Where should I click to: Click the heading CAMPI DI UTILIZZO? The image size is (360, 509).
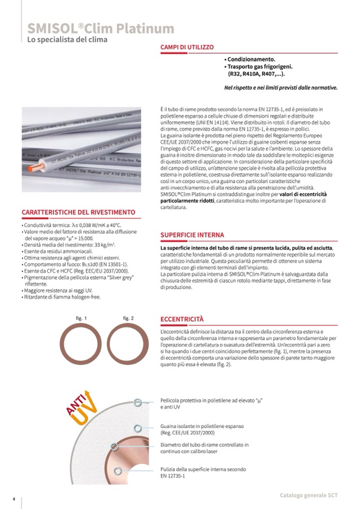[x=187, y=47]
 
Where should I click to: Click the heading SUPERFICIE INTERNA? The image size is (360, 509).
[x=192, y=235]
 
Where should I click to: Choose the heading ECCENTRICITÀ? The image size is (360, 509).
[x=182, y=319]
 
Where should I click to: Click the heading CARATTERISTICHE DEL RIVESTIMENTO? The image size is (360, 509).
[x=79, y=212]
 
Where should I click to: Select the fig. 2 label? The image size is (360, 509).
[x=128, y=318]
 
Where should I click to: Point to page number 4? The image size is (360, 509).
[x=14, y=499]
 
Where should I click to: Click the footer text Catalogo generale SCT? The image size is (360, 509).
[x=308, y=495]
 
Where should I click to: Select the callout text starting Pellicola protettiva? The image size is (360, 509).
[x=212, y=403]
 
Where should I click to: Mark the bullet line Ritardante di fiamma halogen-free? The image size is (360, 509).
[x=62, y=297]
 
